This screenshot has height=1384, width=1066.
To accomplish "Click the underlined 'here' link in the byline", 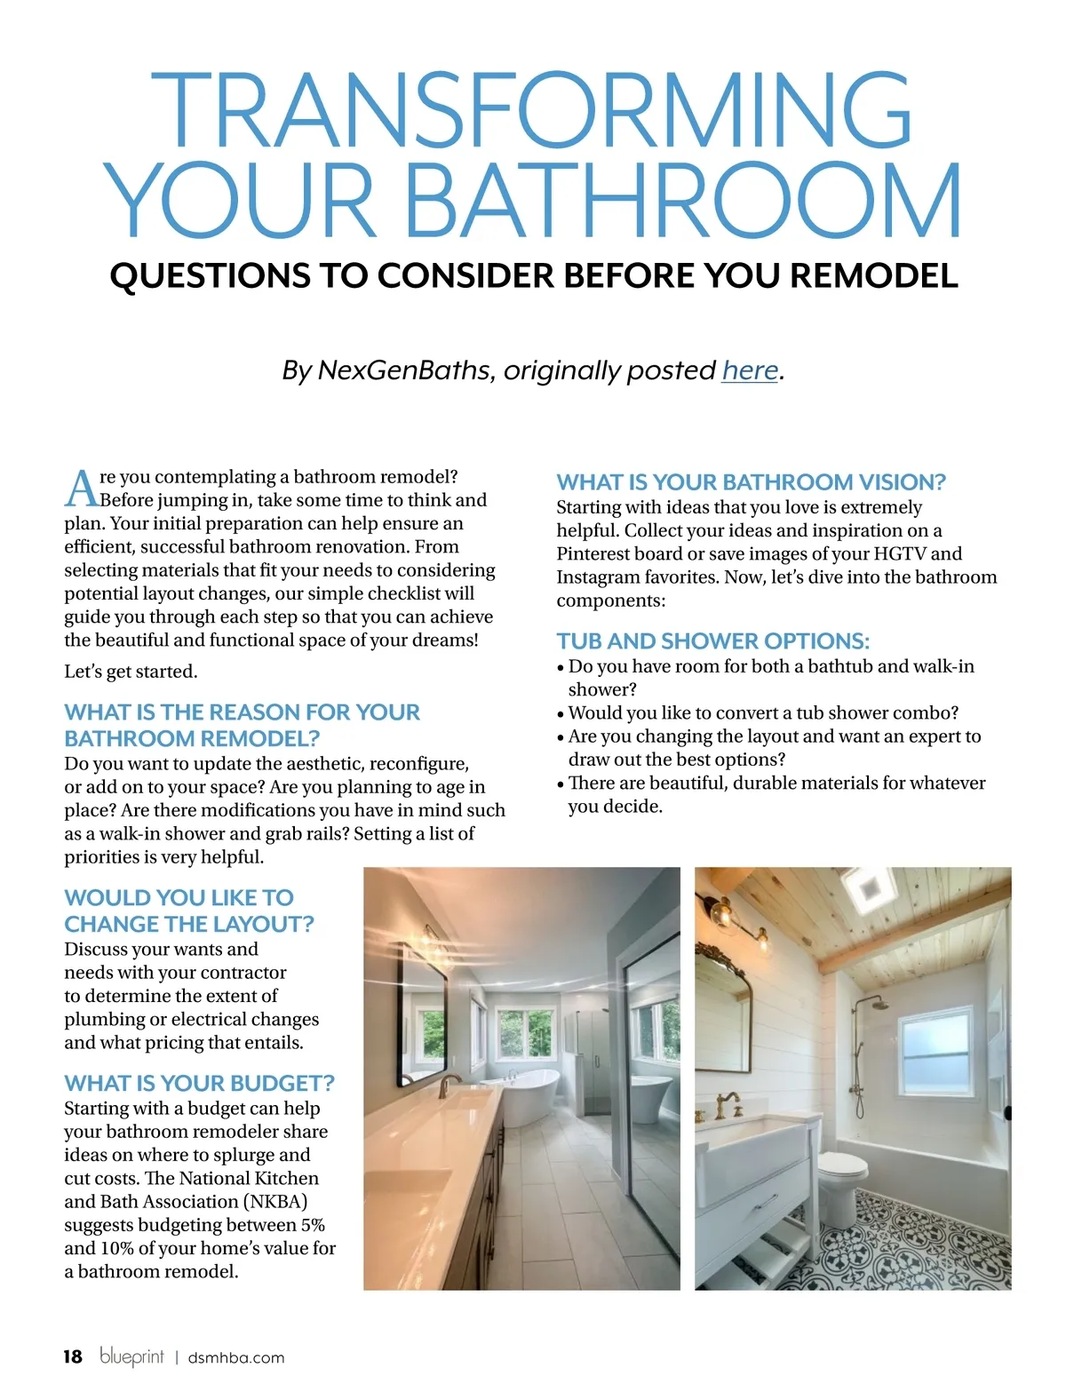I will point(750,370).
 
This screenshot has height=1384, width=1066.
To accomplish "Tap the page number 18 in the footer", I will point(73,1356).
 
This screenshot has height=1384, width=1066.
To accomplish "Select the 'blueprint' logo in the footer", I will point(131,1356).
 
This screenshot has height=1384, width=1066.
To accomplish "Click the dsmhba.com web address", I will point(236,1357).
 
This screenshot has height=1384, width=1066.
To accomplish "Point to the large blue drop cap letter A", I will point(81,488).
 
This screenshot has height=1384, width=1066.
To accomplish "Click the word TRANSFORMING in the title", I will point(532,110).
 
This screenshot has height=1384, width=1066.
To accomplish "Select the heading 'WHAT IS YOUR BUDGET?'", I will point(199,1083).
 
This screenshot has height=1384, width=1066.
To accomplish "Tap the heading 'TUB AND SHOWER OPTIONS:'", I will point(712,640).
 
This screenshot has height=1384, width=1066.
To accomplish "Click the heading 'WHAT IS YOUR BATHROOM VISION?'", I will point(751,481).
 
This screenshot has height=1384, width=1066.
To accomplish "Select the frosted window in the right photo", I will point(935,1051).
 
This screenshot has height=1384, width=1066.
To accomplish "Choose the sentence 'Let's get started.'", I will point(131,672).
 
